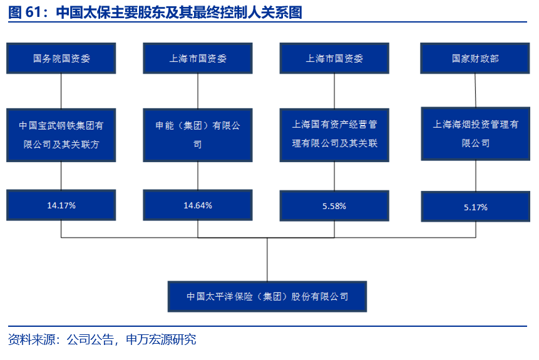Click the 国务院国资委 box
tap(61, 58)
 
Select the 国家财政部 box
tap(475, 58)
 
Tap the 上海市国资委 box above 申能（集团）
tap(198, 58)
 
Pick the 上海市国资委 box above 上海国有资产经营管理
tap(334, 58)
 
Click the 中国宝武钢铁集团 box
tap(61, 135)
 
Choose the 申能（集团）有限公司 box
tap(198, 135)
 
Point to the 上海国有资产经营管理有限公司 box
tap(334, 135)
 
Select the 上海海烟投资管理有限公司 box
tap(476, 134)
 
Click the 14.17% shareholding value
tap(61, 205)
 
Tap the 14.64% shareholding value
tap(198, 205)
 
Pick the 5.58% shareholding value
tap(334, 206)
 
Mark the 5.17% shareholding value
tap(476, 207)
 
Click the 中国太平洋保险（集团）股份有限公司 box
tap(267, 296)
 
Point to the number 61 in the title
tap(33, 12)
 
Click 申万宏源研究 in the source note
tap(161, 340)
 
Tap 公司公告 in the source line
tap(90, 340)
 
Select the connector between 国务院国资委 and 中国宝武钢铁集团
tap(61, 91)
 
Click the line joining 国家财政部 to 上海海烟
tap(475, 90)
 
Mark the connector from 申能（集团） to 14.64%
tap(198, 176)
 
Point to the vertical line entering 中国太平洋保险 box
tap(267, 260)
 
